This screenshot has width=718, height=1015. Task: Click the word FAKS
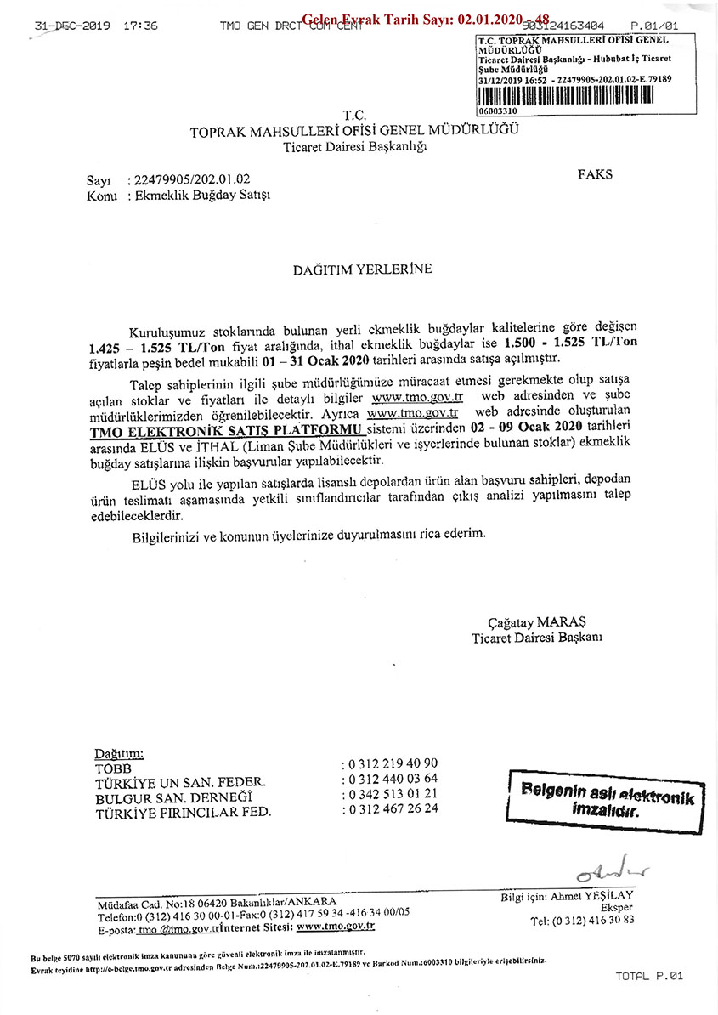tap(595, 174)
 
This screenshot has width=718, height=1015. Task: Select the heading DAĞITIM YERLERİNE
tap(363, 269)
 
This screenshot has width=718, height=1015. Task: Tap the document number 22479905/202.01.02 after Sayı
tap(189, 179)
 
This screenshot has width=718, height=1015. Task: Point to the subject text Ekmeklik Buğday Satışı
tap(197, 195)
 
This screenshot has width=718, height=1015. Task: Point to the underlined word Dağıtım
tap(119, 753)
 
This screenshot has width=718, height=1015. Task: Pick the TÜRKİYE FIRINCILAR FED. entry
tap(184, 811)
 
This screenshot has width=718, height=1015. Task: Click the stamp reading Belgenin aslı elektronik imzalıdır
tap(607, 800)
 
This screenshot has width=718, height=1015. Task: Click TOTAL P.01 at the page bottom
tap(649, 976)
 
